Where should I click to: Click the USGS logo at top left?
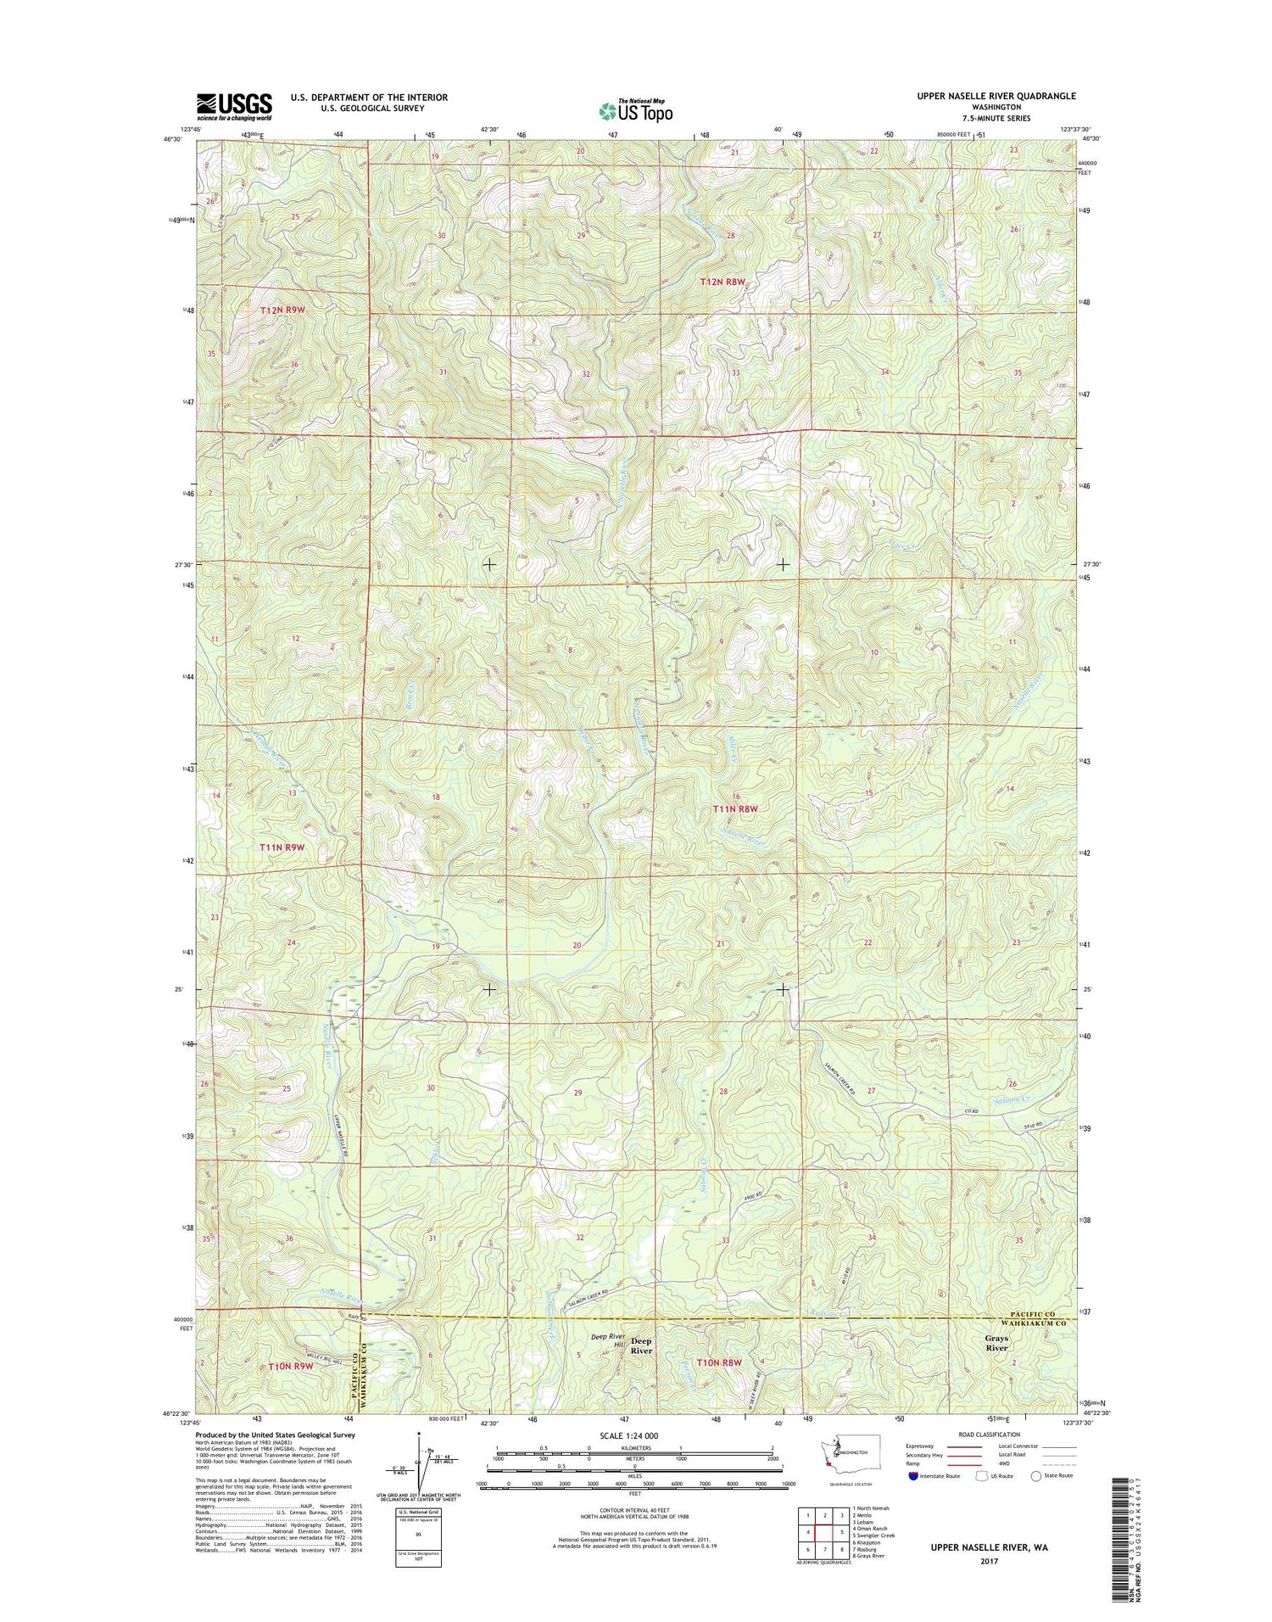pos(235,108)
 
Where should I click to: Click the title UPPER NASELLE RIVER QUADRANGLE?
pos(996,97)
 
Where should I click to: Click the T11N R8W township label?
pos(734,809)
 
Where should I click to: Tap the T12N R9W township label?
pos(282,310)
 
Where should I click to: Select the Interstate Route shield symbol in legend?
pos(912,1476)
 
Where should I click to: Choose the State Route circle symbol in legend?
pos(1036,1476)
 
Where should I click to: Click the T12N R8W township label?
pos(722,282)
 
